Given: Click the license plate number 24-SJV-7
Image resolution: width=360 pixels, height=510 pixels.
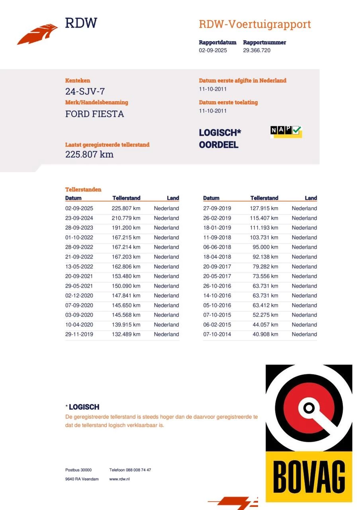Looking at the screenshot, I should (85, 92).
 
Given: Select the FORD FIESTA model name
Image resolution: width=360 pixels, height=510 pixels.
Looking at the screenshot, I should (94, 114).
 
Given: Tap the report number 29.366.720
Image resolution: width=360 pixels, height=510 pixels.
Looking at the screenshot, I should (256, 50).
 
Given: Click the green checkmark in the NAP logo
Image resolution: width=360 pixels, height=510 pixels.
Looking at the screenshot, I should (297, 130).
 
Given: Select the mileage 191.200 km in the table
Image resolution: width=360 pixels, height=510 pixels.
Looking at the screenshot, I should (126, 228).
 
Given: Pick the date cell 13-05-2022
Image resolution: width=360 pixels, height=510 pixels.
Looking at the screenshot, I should (79, 267).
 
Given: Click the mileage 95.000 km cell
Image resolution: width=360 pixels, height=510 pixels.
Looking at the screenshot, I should (265, 247).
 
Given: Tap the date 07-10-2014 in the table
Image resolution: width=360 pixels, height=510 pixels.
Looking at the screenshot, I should (217, 334).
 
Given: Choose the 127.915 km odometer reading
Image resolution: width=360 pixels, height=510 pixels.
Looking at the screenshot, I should (264, 208).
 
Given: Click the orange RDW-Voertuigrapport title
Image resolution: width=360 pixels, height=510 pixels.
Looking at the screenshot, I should (255, 24).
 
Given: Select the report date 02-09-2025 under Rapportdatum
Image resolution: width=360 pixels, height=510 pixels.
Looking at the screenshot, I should (213, 50).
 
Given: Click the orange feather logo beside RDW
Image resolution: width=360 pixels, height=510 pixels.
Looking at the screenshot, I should (38, 34).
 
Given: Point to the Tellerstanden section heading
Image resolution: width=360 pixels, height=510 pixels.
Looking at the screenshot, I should (83, 190).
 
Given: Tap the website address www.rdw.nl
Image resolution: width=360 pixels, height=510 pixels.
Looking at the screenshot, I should (119, 479).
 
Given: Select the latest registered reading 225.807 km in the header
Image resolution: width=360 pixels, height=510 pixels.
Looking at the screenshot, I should (89, 154).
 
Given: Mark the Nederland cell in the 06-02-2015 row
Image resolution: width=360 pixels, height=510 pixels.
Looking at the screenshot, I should (304, 325).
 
